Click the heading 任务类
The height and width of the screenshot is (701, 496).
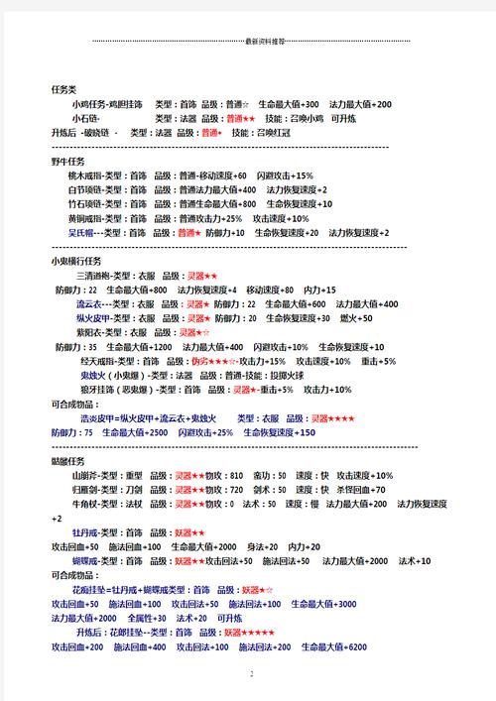pos(63,89)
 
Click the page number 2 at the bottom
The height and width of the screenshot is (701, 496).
pos(252,674)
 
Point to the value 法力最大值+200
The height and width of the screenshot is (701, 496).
pos(361,104)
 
